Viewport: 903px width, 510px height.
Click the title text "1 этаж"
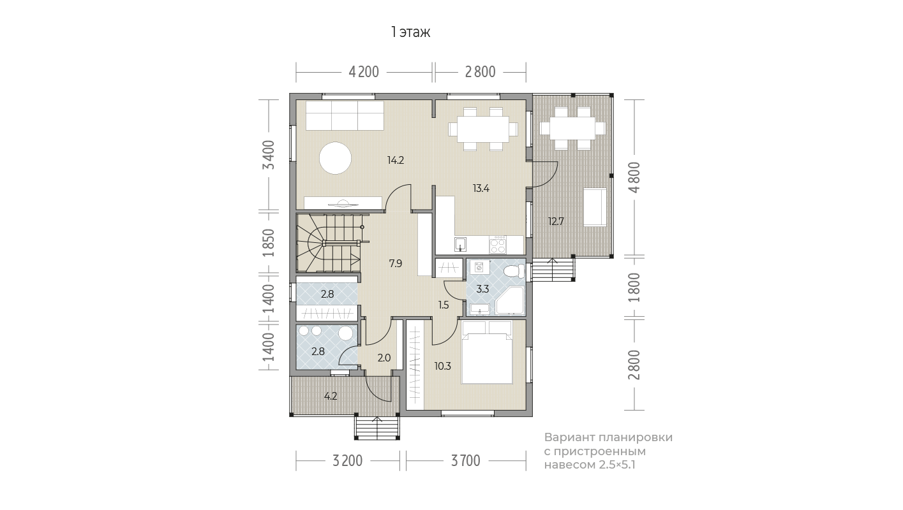(x=410, y=33)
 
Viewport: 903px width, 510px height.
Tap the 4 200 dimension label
(x=364, y=72)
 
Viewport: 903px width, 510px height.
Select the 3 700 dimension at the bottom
(x=466, y=460)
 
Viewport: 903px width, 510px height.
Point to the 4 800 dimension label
(x=634, y=177)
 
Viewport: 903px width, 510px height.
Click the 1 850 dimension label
(x=269, y=243)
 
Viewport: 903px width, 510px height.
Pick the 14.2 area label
(x=396, y=161)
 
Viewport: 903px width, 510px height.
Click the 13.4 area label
(x=481, y=188)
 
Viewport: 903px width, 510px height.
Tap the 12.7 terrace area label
(x=556, y=221)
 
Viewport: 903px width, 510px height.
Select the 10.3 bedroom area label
(x=443, y=366)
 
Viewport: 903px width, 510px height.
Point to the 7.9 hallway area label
(x=396, y=263)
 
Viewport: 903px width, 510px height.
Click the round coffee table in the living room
(x=336, y=158)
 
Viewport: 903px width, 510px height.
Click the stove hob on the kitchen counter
(x=498, y=245)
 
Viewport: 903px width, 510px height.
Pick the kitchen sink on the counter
(x=460, y=244)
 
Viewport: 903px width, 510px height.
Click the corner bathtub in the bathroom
(x=510, y=300)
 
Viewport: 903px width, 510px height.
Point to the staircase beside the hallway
(x=328, y=243)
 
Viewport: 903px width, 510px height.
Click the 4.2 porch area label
(x=331, y=396)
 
